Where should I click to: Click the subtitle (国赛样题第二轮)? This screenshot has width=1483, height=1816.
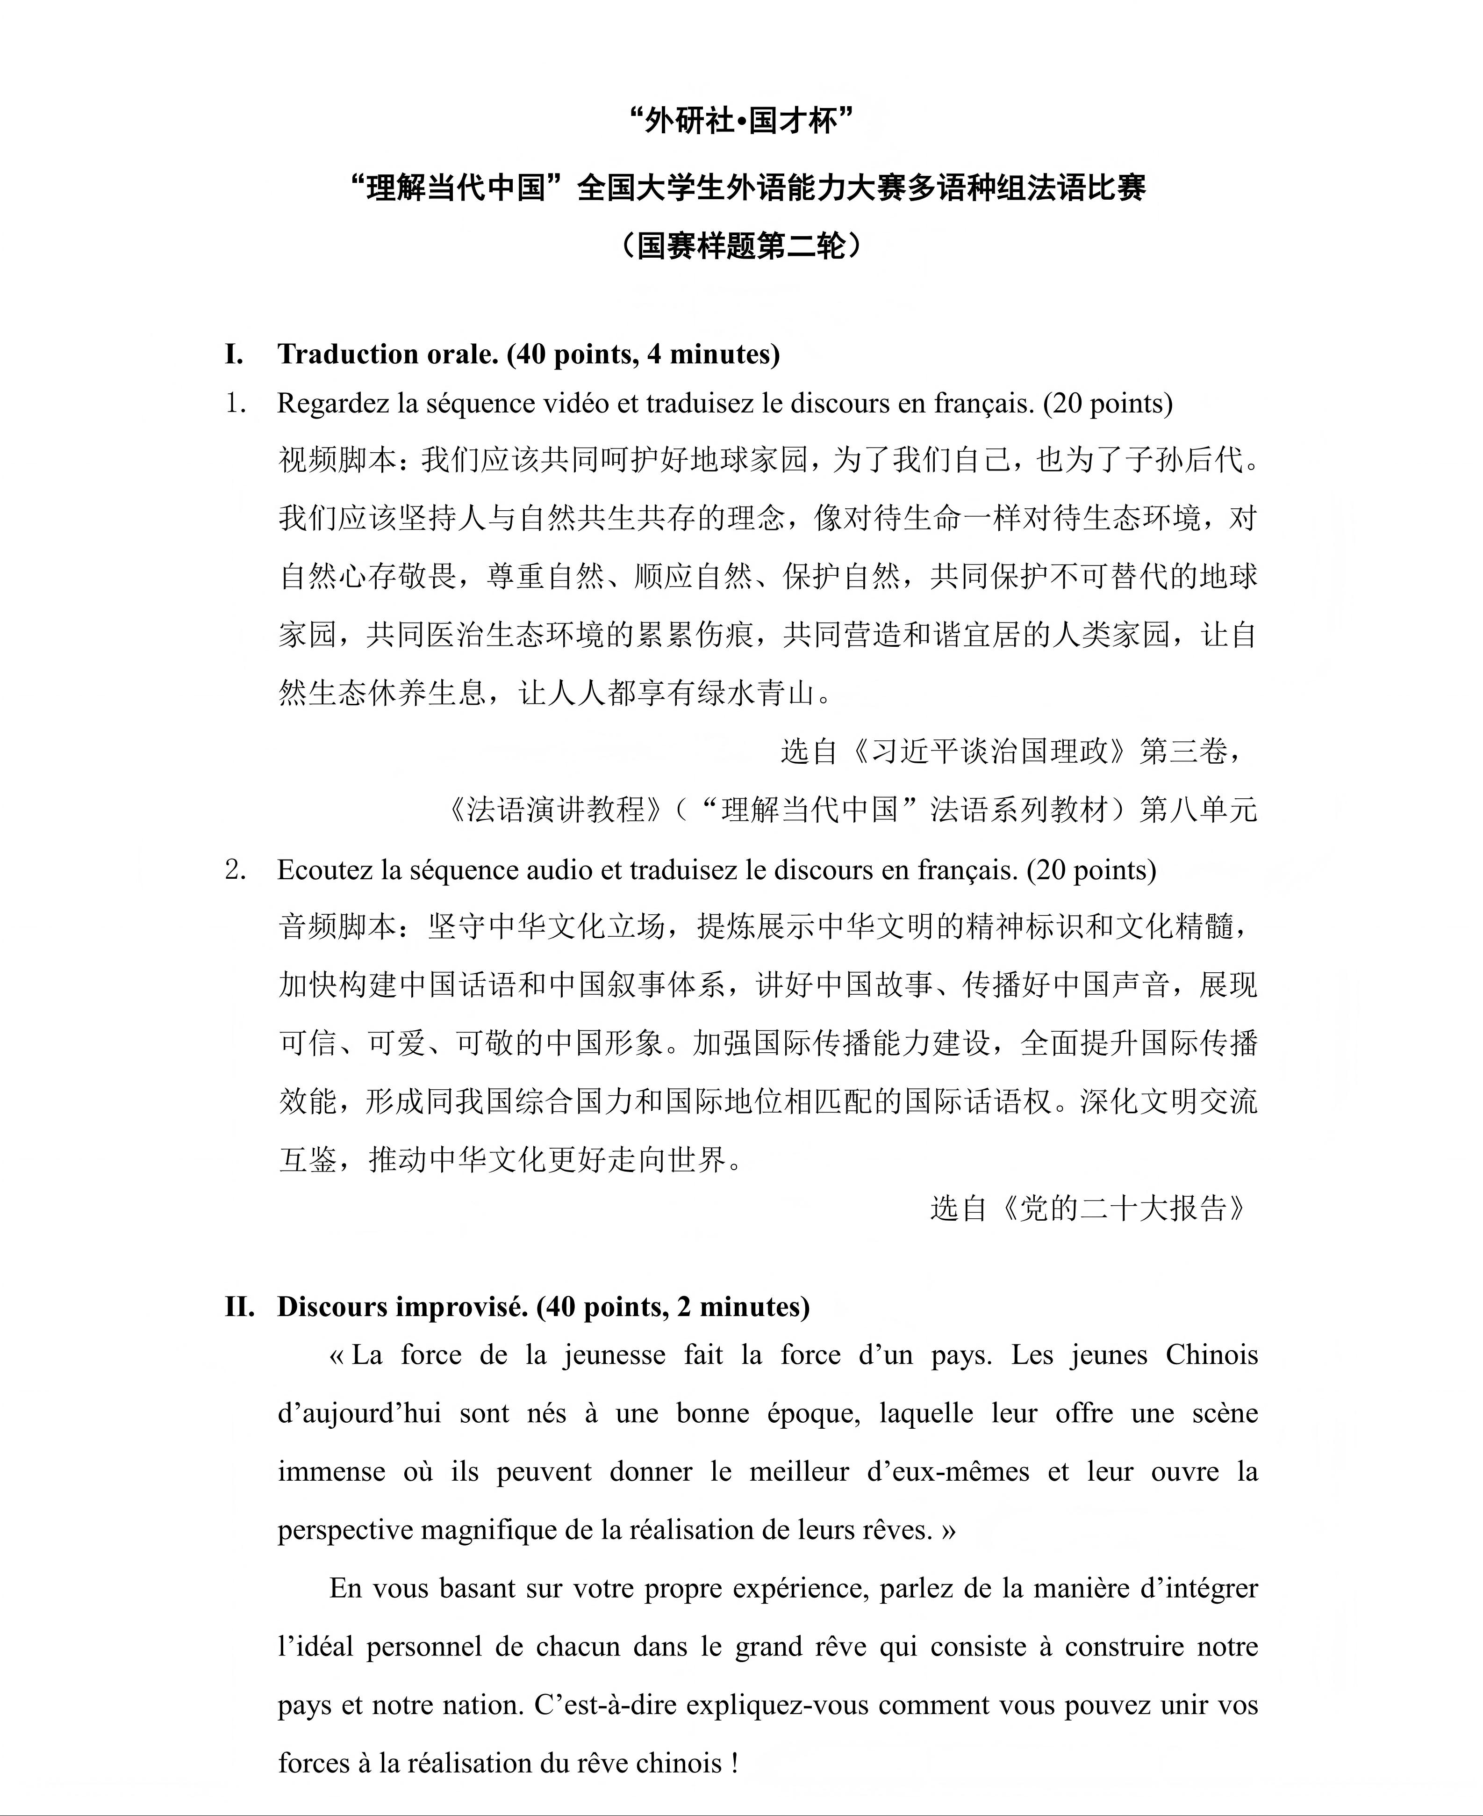741,246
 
